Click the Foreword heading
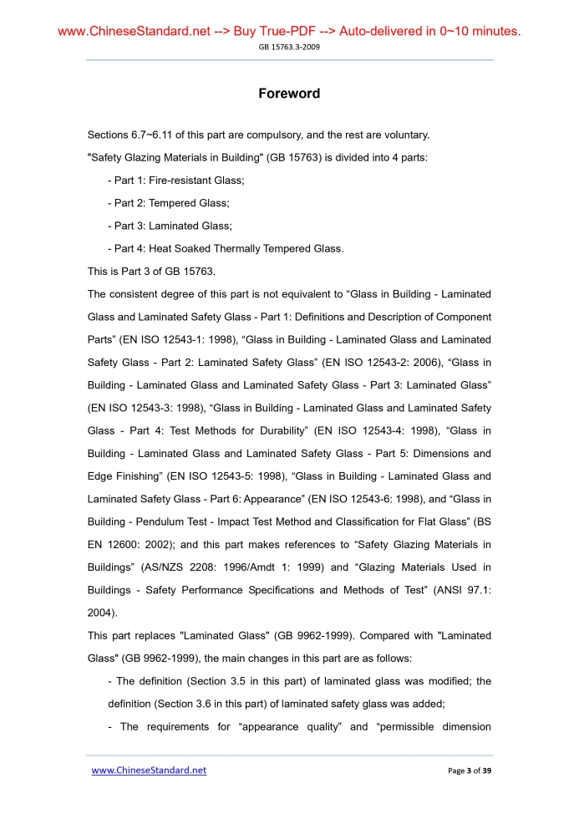[x=289, y=94]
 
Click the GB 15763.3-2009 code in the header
[x=289, y=47]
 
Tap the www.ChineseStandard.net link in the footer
[x=149, y=770]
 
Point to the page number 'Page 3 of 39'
[x=470, y=770]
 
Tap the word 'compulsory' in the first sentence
[x=257, y=135]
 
